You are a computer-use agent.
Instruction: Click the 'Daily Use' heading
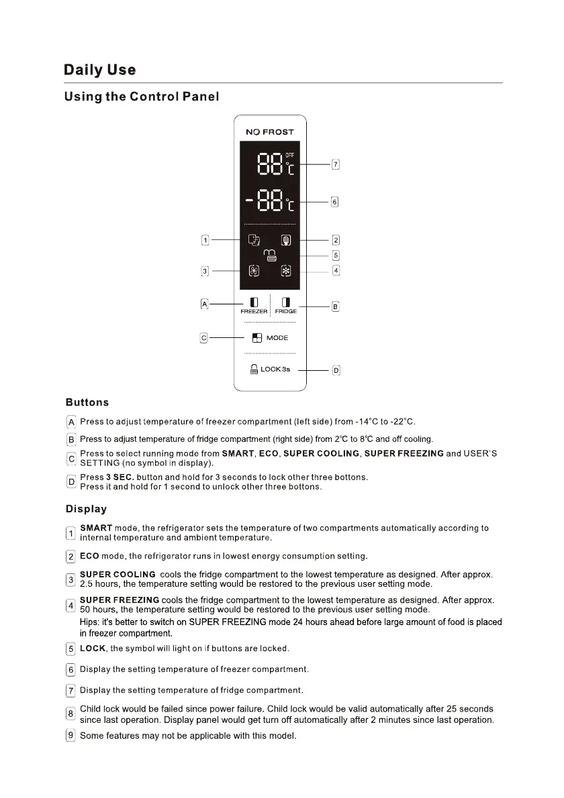coord(99,70)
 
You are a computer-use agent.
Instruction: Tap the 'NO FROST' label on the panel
coord(269,132)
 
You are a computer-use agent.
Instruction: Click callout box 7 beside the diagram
coord(336,164)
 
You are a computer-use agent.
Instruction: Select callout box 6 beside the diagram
coord(335,201)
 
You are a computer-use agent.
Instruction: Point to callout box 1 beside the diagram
coord(206,239)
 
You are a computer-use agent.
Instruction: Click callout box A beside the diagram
coord(205,304)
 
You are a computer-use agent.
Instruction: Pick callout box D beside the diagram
coord(336,370)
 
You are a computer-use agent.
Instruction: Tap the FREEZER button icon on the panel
coord(254,302)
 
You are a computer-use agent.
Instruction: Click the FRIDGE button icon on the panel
coord(286,302)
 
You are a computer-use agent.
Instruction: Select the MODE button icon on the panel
coord(256,338)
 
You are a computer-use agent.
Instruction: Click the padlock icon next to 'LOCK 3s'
coord(254,369)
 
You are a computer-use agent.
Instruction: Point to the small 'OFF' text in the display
coord(290,155)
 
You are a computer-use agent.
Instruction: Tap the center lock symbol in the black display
coord(269,255)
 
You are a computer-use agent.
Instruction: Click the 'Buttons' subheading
coord(87,402)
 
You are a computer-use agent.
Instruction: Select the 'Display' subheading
coord(86,509)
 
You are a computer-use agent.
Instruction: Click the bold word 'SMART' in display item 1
coord(96,528)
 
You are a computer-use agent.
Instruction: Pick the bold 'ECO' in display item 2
coord(89,556)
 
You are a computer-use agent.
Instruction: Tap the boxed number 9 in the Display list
coord(70,736)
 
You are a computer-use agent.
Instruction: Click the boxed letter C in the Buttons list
coord(71,459)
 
